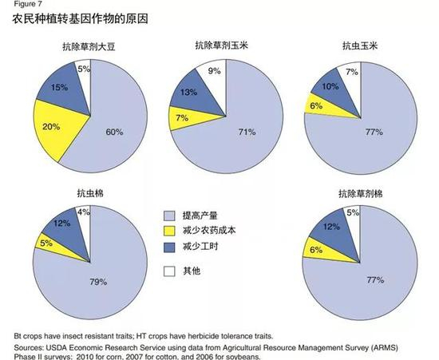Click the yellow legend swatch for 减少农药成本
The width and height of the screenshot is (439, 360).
tap(168, 231)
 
